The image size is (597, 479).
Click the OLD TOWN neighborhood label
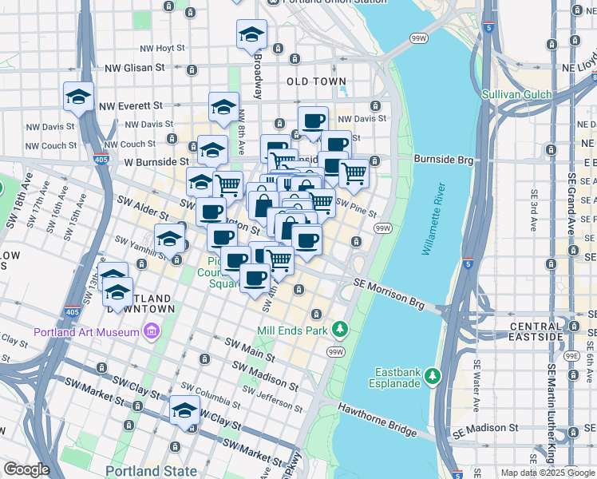click(x=317, y=81)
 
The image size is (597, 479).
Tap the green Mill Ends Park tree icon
click(x=341, y=329)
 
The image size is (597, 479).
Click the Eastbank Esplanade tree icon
click(x=432, y=374)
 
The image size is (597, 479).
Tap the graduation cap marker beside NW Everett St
click(x=79, y=97)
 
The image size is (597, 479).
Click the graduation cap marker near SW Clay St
click(x=184, y=410)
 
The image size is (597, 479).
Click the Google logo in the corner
click(x=26, y=469)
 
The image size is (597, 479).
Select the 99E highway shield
click(x=572, y=355)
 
